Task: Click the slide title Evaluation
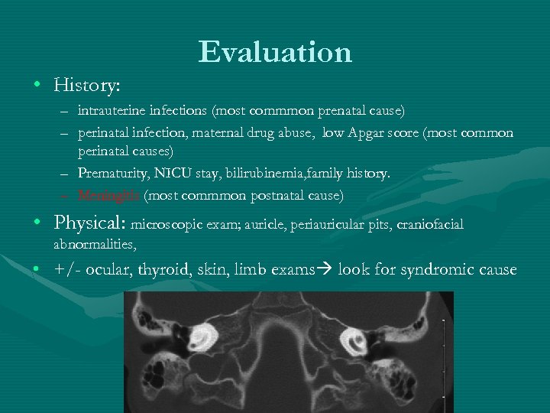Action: (x=275, y=52)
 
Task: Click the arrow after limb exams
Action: (x=324, y=270)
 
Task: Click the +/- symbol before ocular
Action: (x=67, y=270)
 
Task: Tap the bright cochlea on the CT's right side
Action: (x=356, y=340)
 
